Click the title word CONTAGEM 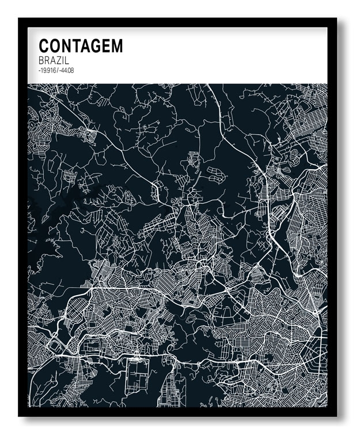tap(81, 46)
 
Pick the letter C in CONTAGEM tap(44, 46)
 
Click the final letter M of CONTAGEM tap(116, 46)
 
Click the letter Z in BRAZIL tap(59, 60)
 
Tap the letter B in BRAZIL tap(41, 60)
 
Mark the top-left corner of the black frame tap(20, 19)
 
